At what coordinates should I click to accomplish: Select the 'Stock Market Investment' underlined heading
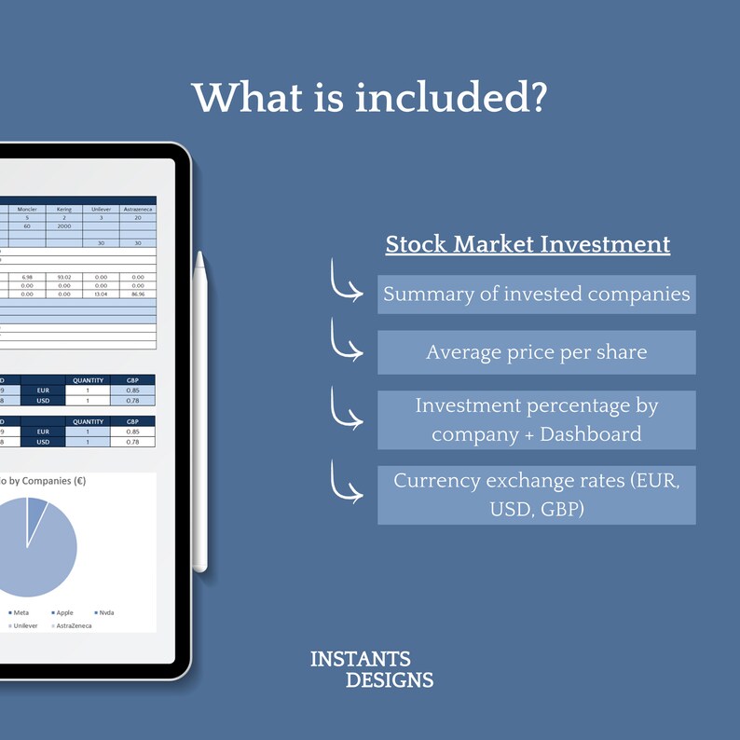coord(528,245)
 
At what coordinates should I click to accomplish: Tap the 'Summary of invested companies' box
coord(536,295)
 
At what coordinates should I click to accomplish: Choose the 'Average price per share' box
coord(536,352)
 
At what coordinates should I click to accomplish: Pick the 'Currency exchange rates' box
coord(536,495)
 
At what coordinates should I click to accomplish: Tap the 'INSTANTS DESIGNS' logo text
coord(372,670)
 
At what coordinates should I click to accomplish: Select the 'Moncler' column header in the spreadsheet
coord(27,210)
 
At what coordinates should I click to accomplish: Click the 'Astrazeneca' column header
coord(138,210)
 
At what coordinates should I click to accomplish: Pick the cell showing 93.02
coord(63,277)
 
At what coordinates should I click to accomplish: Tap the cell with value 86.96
coord(138,294)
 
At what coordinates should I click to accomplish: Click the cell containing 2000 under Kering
coord(63,226)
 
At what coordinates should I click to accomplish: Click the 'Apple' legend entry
coord(63,612)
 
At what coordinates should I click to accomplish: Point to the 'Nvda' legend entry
coord(105,612)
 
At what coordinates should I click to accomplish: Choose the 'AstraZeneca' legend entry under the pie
coord(75,626)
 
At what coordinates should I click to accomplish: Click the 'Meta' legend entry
coord(21,612)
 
